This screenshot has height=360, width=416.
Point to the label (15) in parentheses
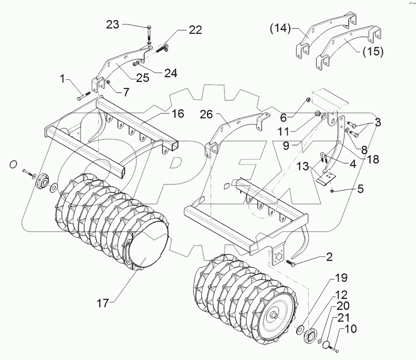tap(372, 51)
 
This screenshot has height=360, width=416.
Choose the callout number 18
tap(374, 159)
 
